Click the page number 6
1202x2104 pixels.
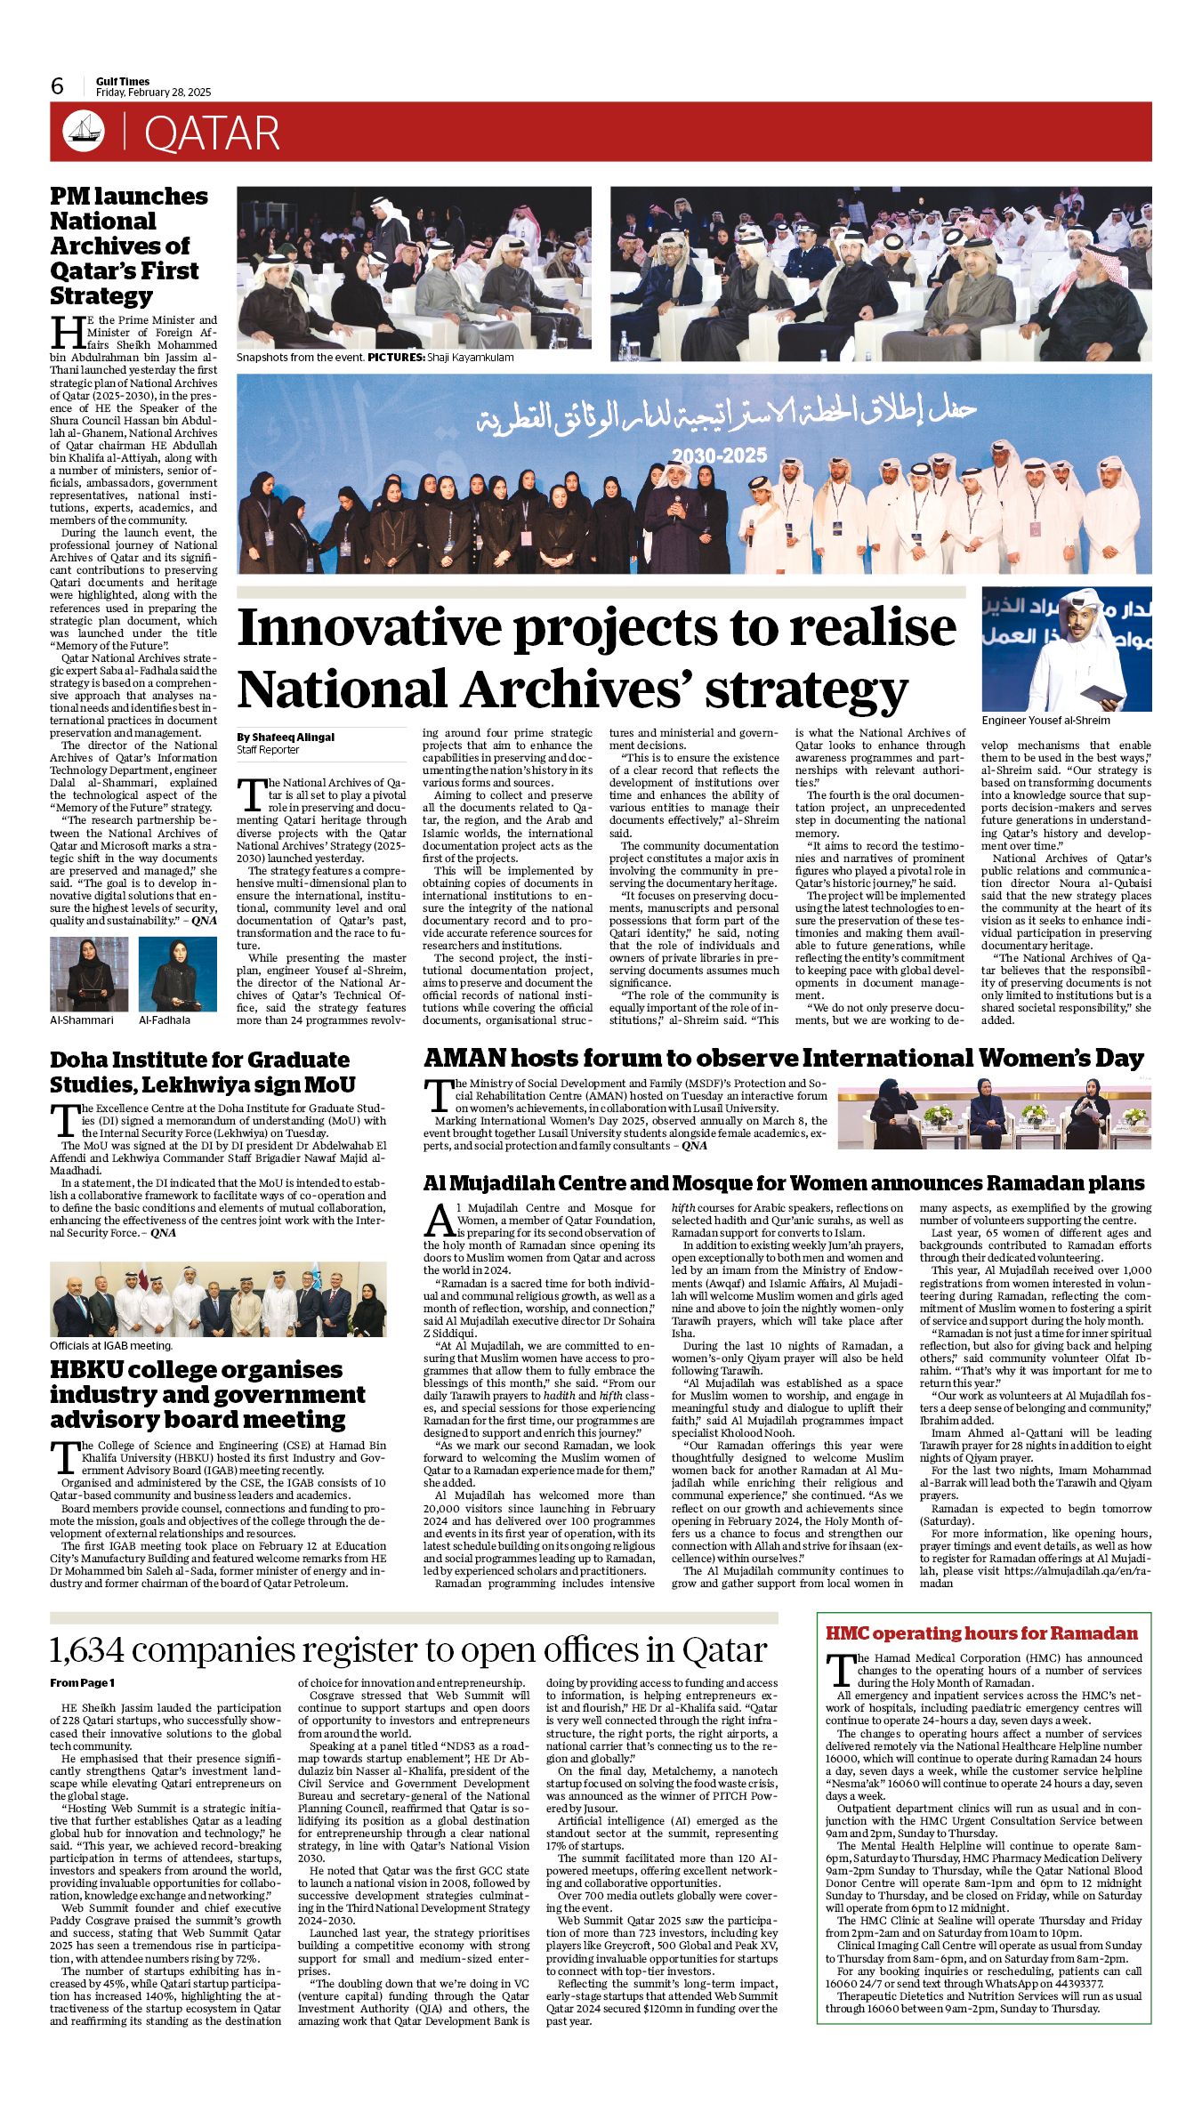(58, 86)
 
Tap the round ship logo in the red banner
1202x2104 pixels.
(84, 133)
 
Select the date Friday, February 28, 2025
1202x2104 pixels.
(153, 93)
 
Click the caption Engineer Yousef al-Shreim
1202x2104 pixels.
(1045, 720)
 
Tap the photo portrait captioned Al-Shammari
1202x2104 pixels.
(89, 973)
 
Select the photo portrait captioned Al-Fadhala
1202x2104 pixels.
(178, 973)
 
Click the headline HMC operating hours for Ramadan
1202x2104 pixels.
(981, 1632)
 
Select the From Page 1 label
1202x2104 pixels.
(82, 1682)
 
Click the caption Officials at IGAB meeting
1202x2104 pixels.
(111, 1345)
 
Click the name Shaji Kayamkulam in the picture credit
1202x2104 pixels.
(471, 358)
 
